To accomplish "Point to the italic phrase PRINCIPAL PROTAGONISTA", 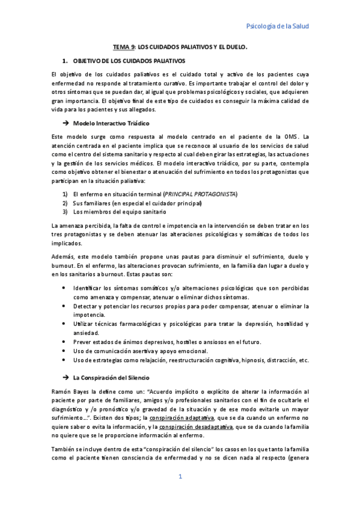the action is coord(201,194).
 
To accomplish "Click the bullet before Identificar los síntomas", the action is coord(64,288).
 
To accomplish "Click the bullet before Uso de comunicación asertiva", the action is coord(64,351).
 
